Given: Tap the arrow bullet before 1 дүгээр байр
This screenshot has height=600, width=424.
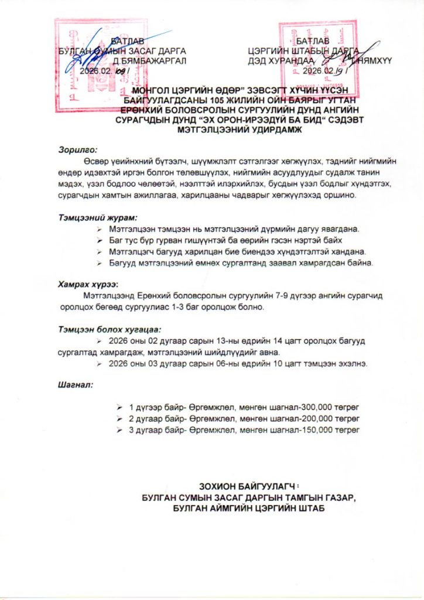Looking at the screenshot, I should (119, 407).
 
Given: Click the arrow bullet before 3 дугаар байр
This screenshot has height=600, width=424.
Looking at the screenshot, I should (119, 430).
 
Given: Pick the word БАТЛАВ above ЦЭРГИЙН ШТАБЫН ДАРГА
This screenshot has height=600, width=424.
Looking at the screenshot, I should (313, 40).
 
